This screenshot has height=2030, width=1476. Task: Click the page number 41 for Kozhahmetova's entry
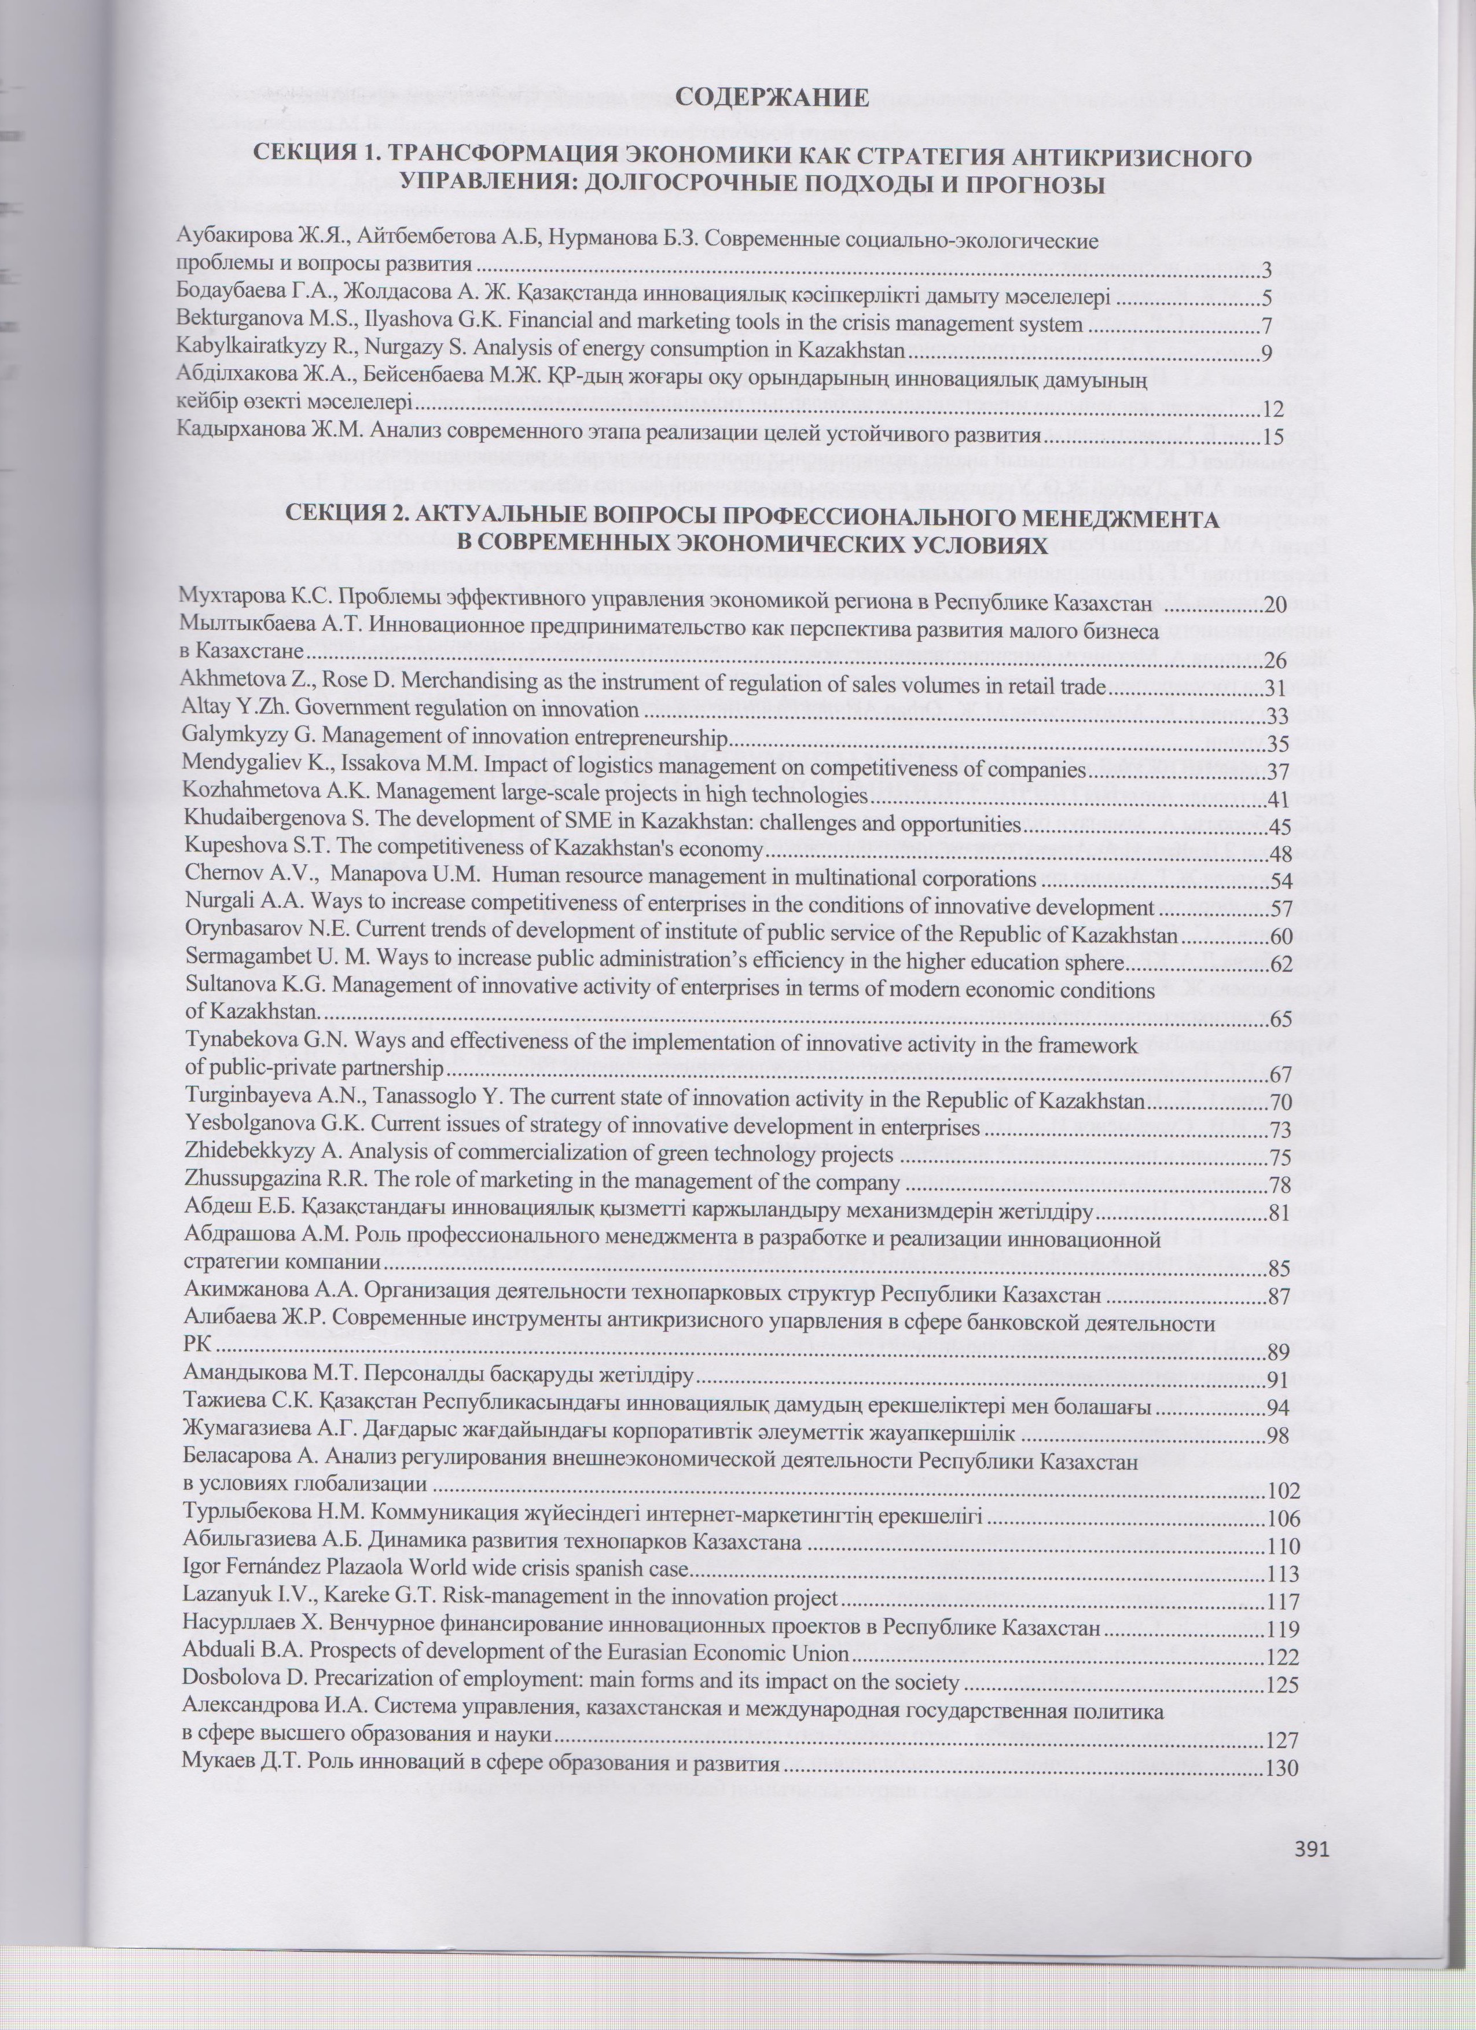[x=1276, y=798]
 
